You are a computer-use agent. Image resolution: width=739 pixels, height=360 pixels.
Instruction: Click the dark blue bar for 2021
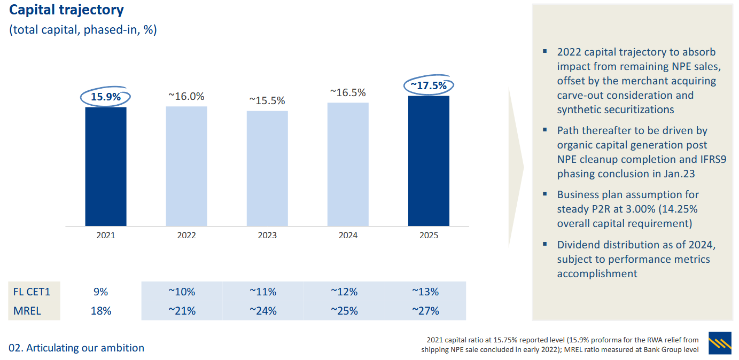(x=106, y=166)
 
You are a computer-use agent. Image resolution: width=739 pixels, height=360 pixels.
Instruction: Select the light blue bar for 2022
(x=186, y=166)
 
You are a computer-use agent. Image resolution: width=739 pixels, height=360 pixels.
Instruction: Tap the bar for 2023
(x=267, y=168)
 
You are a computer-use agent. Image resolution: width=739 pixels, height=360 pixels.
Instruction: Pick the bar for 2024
(x=348, y=164)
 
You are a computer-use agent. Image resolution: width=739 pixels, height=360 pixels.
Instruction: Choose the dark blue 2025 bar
(x=429, y=161)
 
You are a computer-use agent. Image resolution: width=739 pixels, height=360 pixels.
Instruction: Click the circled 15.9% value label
(x=106, y=97)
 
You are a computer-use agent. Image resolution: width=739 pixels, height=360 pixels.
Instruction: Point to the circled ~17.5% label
(x=429, y=85)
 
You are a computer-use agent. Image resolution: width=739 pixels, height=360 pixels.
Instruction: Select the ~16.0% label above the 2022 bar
(x=186, y=96)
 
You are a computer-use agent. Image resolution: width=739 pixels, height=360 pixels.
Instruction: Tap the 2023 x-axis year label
(x=267, y=235)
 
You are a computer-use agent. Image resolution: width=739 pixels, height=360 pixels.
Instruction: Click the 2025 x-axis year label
(x=429, y=235)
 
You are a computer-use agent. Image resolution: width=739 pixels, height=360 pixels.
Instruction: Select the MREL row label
(x=27, y=310)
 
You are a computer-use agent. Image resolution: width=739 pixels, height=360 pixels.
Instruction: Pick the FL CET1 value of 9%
(x=100, y=292)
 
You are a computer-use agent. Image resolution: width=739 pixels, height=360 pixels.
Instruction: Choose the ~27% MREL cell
(x=425, y=310)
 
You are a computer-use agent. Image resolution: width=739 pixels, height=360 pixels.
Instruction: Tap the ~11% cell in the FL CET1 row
(x=263, y=292)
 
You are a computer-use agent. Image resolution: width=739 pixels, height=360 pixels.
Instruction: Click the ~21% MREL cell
(x=182, y=310)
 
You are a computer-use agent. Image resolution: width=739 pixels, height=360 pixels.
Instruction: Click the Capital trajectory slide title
(x=66, y=10)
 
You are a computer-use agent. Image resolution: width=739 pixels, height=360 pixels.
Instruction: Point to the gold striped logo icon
(x=720, y=343)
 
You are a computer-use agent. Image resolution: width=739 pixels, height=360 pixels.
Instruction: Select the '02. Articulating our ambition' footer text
(x=76, y=348)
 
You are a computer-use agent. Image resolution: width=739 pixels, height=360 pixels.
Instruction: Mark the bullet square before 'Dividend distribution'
(x=544, y=244)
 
